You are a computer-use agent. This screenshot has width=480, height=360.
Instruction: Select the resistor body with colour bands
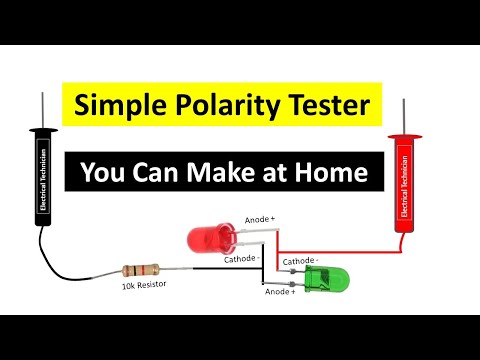tap(141, 269)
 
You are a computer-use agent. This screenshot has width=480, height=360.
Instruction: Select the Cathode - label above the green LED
tap(300, 260)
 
